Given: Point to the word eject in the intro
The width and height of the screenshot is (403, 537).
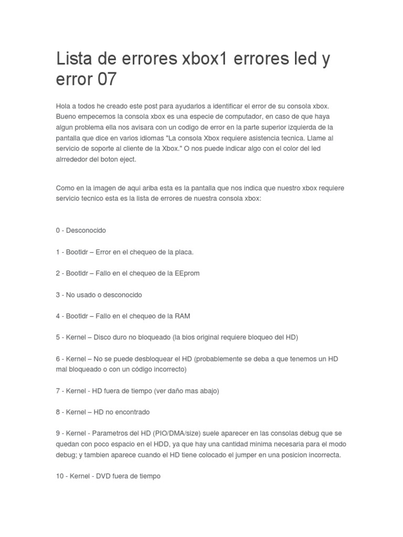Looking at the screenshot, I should [128, 159].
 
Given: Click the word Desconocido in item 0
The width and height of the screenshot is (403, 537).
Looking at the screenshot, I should [86, 230].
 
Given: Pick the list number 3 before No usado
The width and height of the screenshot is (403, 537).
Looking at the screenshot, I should [58, 295].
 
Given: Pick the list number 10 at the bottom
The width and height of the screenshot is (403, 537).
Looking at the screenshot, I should [60, 476].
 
